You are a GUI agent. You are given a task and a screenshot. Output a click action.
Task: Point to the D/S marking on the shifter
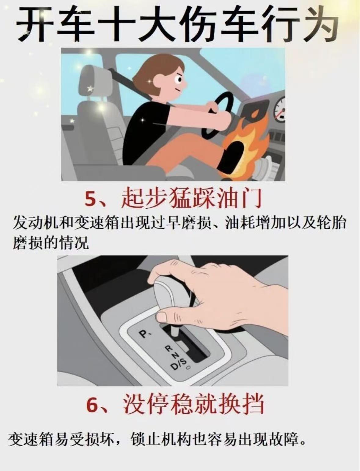point(179,363)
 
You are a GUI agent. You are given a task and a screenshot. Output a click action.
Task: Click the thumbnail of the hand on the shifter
point(162,317)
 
